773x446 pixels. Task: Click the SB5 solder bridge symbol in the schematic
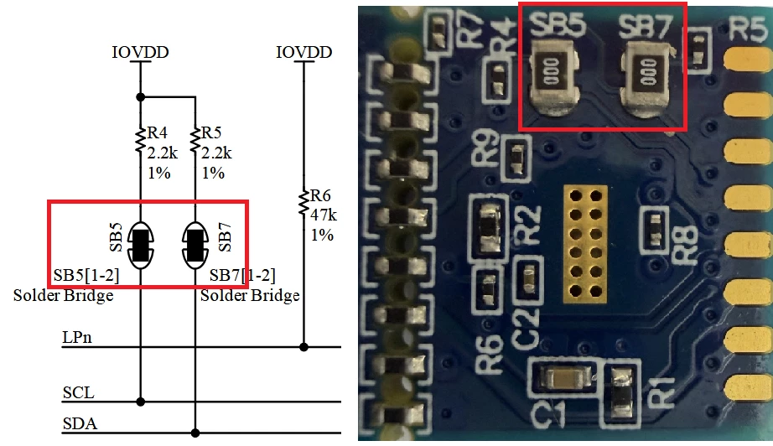pyautogui.click(x=141, y=246)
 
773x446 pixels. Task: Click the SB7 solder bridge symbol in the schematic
pyautogui.click(x=195, y=246)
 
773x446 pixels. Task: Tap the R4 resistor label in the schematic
pyautogui.click(x=158, y=132)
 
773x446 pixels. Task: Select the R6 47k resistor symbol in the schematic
pyautogui.click(x=303, y=203)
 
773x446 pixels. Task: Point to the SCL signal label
pyautogui.click(x=78, y=393)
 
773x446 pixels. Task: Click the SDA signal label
pyautogui.click(x=80, y=424)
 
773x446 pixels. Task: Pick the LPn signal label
pyautogui.click(x=77, y=338)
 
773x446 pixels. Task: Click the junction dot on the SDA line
pyautogui.click(x=195, y=433)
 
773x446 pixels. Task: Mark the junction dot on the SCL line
pyautogui.click(x=141, y=402)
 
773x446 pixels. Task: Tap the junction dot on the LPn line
pyautogui.click(x=303, y=347)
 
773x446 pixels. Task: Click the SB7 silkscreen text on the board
pyautogui.click(x=645, y=27)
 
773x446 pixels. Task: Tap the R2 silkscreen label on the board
pyautogui.click(x=528, y=226)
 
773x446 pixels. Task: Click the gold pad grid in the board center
pyautogui.click(x=585, y=244)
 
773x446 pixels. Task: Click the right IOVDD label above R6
pyautogui.click(x=303, y=52)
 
